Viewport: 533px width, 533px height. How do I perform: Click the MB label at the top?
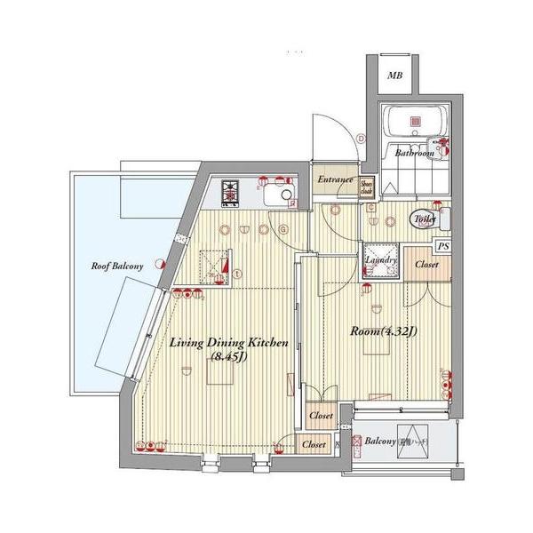click(395, 76)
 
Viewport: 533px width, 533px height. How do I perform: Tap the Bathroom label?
click(414, 154)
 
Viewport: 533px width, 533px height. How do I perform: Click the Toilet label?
click(421, 217)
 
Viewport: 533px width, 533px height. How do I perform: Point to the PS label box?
click(443, 246)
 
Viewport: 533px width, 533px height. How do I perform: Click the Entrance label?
click(335, 180)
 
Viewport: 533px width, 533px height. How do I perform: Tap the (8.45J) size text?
click(229, 358)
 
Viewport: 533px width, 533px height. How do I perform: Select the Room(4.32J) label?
click(384, 332)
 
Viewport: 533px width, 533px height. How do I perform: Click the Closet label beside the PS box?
click(427, 264)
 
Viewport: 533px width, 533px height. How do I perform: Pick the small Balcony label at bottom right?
click(381, 442)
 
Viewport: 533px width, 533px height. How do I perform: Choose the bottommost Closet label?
click(313, 444)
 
